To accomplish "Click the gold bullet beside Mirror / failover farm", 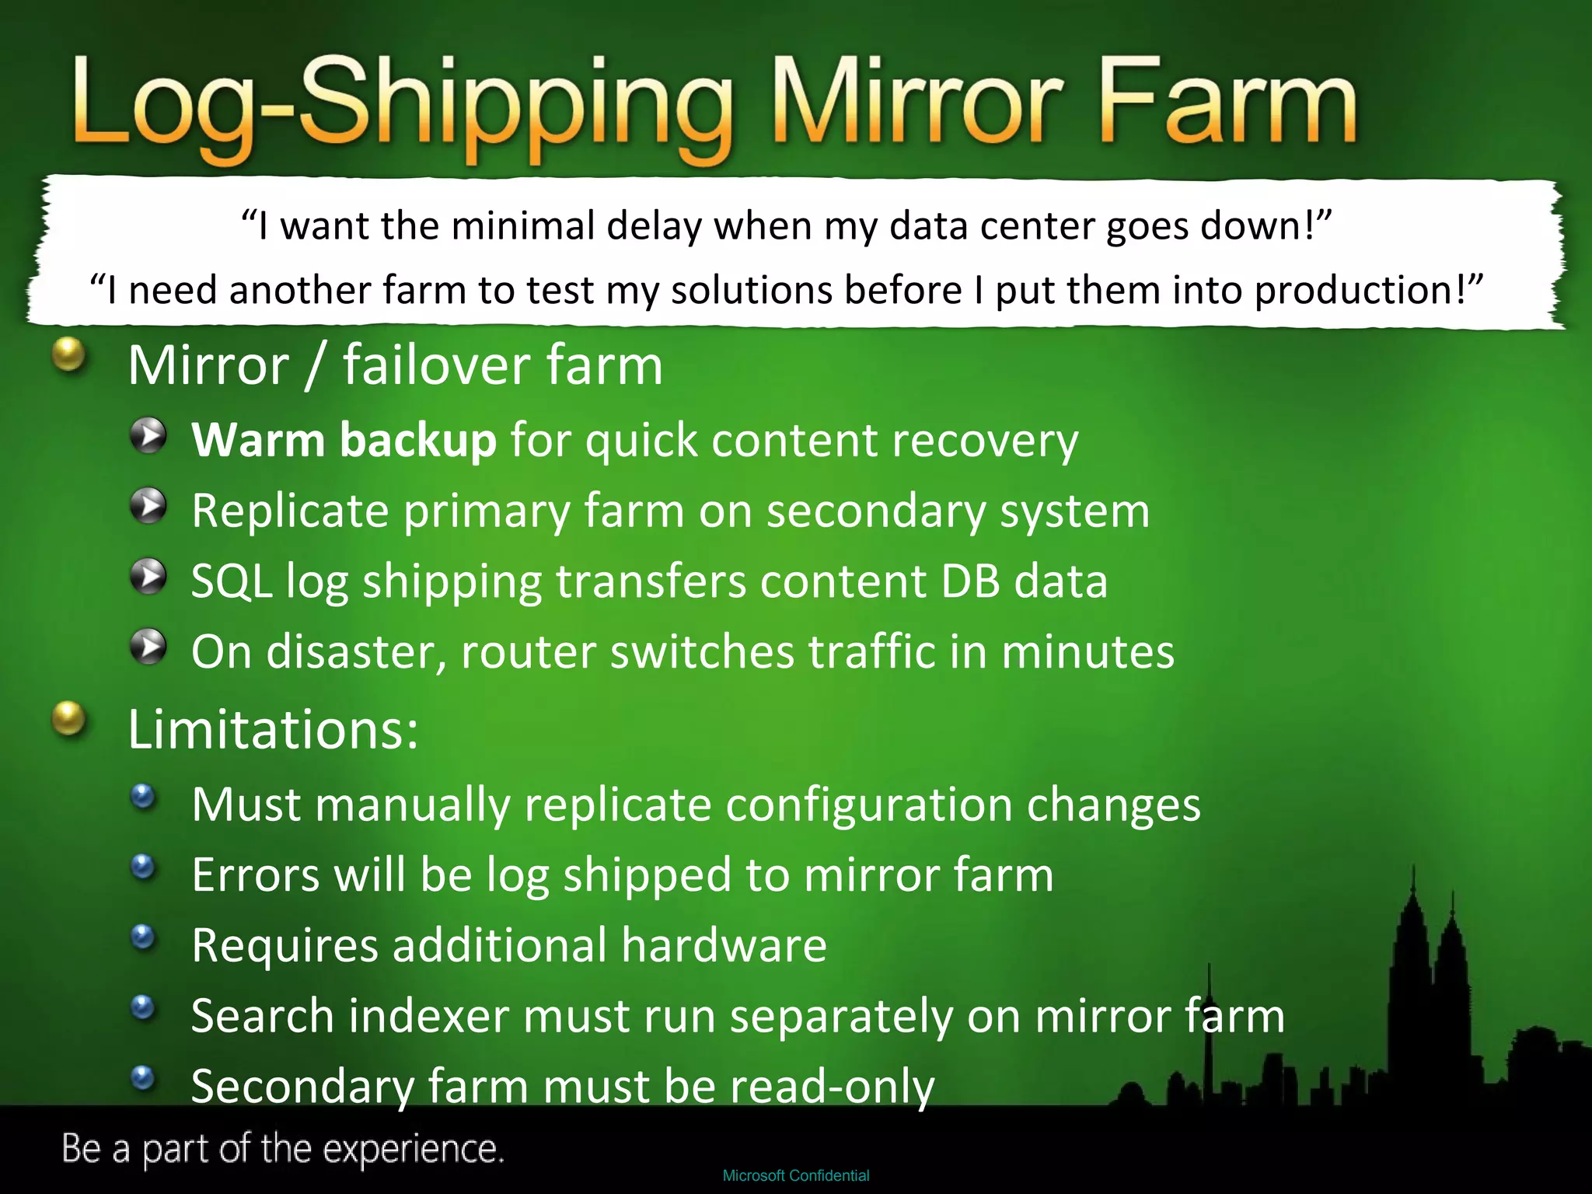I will (68, 355).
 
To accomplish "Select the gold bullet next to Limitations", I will (68, 718).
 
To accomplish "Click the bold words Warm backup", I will (344, 441).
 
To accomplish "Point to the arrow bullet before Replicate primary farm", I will (148, 507).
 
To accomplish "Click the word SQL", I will (231, 581).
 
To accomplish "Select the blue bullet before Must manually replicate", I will (143, 796).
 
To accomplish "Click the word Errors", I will (256, 875).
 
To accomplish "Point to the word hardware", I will (724, 945).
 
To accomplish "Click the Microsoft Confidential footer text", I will (796, 1175).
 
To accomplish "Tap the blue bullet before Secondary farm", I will (143, 1078).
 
